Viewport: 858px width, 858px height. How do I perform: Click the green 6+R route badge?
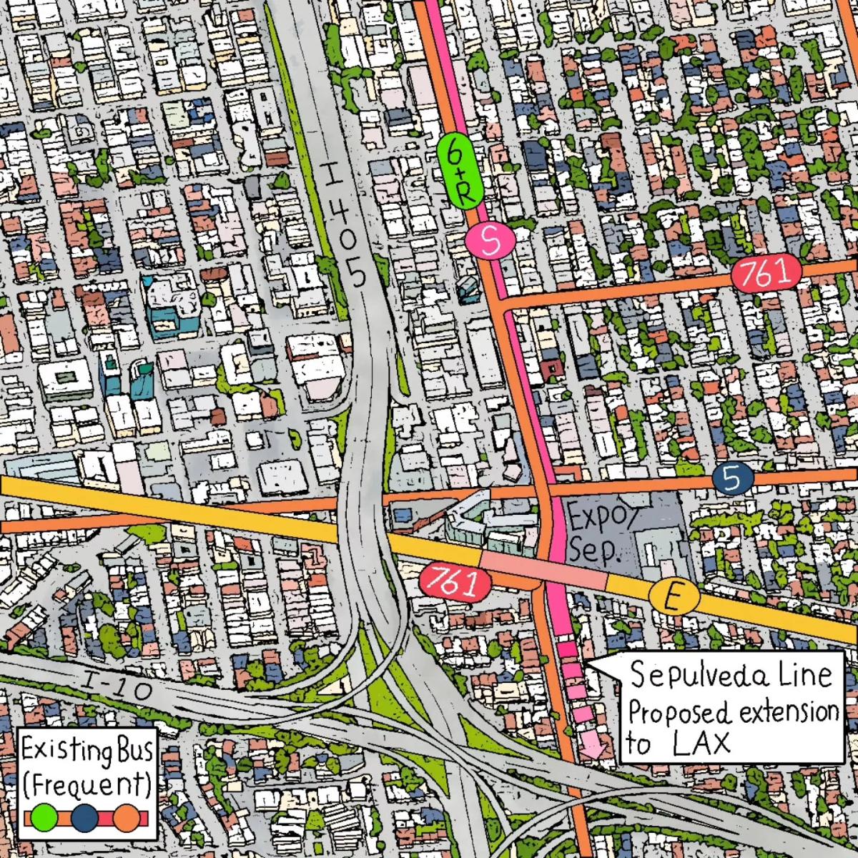(458, 171)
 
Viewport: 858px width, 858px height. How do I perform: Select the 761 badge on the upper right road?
(764, 273)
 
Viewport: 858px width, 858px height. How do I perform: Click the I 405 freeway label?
(344, 225)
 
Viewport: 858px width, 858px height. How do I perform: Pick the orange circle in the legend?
(127, 817)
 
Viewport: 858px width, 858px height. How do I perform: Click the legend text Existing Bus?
(86, 753)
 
